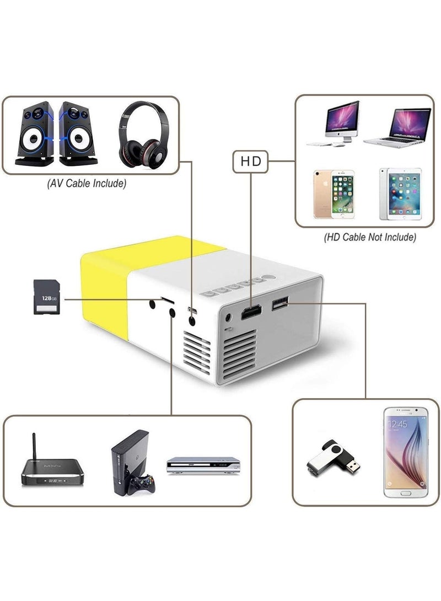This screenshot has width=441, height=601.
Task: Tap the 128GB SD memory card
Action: click(47, 297)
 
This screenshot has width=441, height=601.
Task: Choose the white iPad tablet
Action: click(400, 194)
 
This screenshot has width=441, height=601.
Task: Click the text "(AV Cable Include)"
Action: click(87, 184)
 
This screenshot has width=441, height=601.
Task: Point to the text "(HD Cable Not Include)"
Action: click(369, 238)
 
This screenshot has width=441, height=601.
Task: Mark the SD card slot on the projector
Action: click(167, 300)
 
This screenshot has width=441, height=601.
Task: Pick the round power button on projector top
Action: click(268, 280)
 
